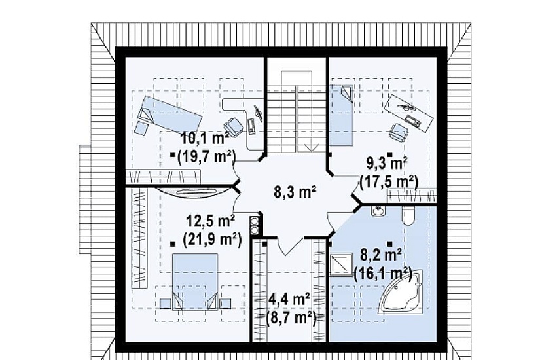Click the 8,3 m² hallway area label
pos(295,192)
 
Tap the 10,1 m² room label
pos(206,139)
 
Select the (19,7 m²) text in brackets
pos(206,157)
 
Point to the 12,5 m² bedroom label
pos(211,221)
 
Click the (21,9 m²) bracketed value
pos(212,239)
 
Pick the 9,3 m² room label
pos(387,163)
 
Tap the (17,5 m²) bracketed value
pos(388,181)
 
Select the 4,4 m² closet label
pos(289,299)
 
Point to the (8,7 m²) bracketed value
pos(291,317)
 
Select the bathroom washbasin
pos(378,211)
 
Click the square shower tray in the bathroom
pos(341,264)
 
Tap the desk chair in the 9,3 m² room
pos(399,132)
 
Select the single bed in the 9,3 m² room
pos(342,115)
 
